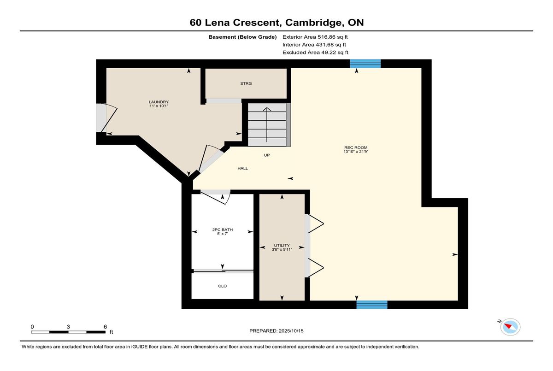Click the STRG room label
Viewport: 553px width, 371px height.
246,83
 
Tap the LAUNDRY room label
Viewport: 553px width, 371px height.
159,102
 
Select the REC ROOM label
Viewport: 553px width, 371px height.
356,147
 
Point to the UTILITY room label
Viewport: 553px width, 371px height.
282,245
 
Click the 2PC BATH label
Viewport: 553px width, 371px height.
223,230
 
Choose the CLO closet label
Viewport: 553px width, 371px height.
223,286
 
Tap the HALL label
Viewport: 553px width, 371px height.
243,168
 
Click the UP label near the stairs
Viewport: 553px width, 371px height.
267,155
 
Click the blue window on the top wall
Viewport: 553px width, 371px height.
365,64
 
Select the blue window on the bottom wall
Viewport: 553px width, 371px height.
372,305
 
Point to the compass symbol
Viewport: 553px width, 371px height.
510,327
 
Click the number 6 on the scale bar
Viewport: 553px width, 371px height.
105,327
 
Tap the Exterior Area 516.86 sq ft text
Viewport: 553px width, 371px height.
315,37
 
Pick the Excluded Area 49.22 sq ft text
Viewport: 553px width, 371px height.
315,53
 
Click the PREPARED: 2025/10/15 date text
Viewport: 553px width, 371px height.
276,331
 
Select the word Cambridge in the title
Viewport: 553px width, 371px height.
313,23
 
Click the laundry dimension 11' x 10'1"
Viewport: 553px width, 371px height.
159,106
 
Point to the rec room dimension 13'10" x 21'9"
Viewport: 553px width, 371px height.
356,152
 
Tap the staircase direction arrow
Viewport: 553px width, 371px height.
267,124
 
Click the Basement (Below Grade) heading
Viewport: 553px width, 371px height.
242,37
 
